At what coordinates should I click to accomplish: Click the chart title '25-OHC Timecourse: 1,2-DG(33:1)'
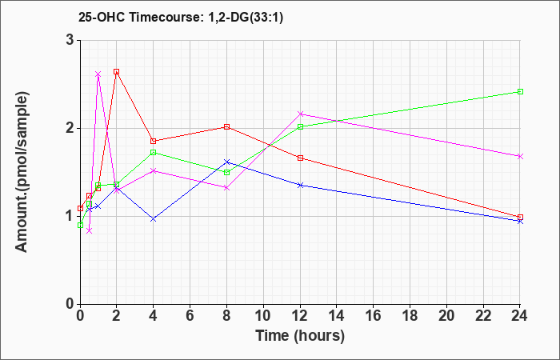tap(181, 17)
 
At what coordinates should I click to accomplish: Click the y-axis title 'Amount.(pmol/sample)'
tap(22, 172)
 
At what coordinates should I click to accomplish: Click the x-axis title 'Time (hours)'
tap(300, 336)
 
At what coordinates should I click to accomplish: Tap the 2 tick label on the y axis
tap(70, 128)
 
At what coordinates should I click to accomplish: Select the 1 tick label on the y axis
tap(70, 216)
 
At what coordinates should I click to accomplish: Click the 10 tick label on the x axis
tap(263, 315)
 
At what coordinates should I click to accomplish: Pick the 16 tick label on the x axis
tap(374, 315)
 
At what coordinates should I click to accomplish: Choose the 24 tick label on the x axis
tap(520, 315)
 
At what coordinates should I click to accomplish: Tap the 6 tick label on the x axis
tap(190, 315)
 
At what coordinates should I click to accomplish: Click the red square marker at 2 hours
tap(117, 71)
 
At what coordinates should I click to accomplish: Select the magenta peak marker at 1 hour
tap(98, 74)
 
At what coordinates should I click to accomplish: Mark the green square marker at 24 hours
tap(520, 91)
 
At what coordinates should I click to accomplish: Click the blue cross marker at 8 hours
tap(226, 162)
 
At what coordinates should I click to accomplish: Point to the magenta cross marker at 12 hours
tap(300, 114)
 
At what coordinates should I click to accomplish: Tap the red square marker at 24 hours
tap(520, 217)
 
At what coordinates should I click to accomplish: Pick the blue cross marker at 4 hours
tap(154, 219)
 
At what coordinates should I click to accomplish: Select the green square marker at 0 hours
tap(80, 225)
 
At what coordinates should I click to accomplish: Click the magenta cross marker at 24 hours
tap(520, 156)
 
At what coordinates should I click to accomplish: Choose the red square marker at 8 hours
tap(226, 126)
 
